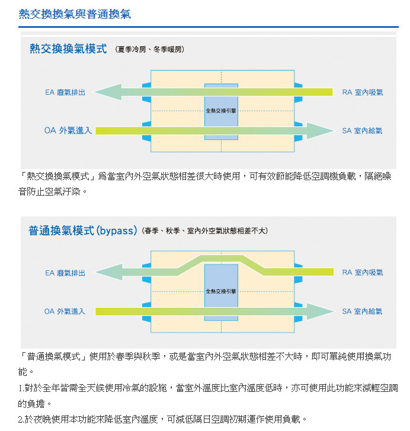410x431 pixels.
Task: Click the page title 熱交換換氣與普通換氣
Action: click(x=75, y=14)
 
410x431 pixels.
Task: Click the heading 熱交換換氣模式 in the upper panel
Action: click(x=68, y=49)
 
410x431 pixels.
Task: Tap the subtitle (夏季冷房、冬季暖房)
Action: click(x=150, y=49)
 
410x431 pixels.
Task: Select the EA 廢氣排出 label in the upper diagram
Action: click(x=65, y=92)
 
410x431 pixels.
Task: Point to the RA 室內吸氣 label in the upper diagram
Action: click(x=363, y=92)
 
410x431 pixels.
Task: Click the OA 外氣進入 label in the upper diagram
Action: click(x=68, y=130)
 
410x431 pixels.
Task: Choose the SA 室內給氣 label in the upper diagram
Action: click(x=362, y=131)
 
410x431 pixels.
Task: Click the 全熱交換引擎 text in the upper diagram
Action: click(x=221, y=111)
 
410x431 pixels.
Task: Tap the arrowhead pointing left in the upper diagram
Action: click(x=108, y=92)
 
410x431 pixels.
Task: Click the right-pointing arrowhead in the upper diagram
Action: click(x=321, y=131)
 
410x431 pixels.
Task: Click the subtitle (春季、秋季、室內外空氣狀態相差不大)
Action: click(x=205, y=231)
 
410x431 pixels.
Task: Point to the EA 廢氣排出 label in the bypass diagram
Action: click(x=65, y=273)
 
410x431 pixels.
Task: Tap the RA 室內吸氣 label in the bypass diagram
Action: click(x=363, y=272)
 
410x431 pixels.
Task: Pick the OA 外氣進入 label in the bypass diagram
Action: click(x=65, y=311)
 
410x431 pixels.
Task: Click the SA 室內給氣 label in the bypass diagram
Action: click(x=362, y=311)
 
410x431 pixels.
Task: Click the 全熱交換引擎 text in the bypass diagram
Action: click(x=221, y=291)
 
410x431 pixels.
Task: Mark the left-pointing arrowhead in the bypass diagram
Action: click(x=109, y=272)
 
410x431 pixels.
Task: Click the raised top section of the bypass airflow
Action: click(x=222, y=258)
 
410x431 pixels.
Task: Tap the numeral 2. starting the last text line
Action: click(x=21, y=420)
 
